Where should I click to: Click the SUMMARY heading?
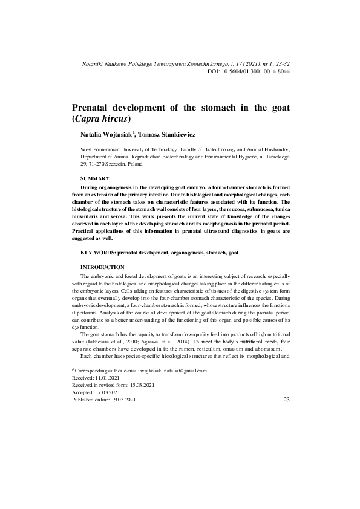pos(95,178)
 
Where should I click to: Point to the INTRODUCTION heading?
pos(103,267)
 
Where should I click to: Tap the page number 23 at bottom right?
pos(286,399)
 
